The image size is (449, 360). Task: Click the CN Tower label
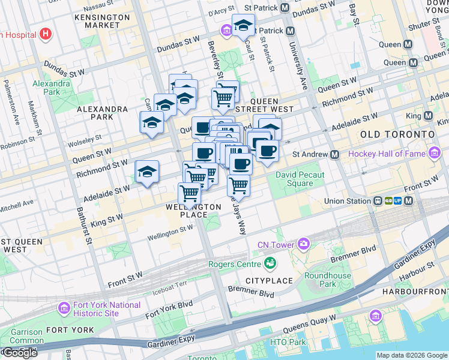[276, 244]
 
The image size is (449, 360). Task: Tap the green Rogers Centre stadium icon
[271, 263]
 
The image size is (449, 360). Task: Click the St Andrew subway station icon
[335, 154]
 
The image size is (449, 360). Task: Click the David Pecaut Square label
[300, 179]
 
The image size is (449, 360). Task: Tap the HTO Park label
[288, 342]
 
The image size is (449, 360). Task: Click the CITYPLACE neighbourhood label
[268, 281]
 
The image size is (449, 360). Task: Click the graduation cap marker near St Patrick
[243, 27]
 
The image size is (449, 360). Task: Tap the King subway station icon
[429, 115]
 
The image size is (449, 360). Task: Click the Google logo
[19, 353]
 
